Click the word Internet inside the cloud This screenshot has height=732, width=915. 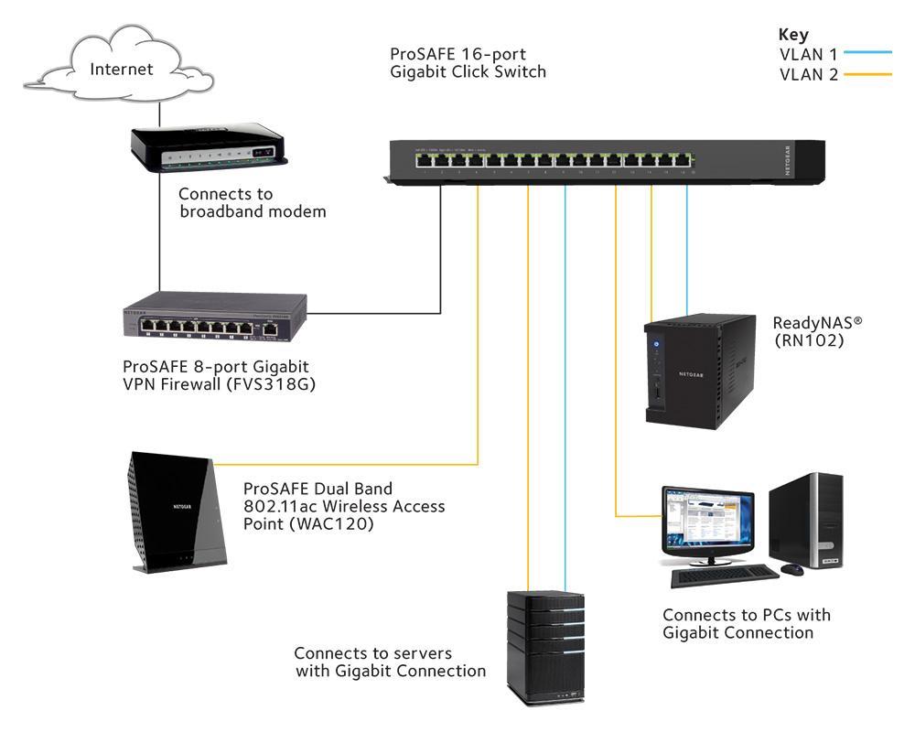tap(121, 70)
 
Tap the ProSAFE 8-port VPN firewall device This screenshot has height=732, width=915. tap(215, 320)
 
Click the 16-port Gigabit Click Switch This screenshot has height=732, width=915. tap(586, 163)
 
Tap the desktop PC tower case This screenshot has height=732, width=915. tap(806, 522)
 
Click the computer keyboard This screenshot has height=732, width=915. tap(724, 576)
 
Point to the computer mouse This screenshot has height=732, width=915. tap(792, 569)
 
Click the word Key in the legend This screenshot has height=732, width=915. tap(793, 35)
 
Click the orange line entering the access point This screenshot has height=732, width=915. tap(348, 466)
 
